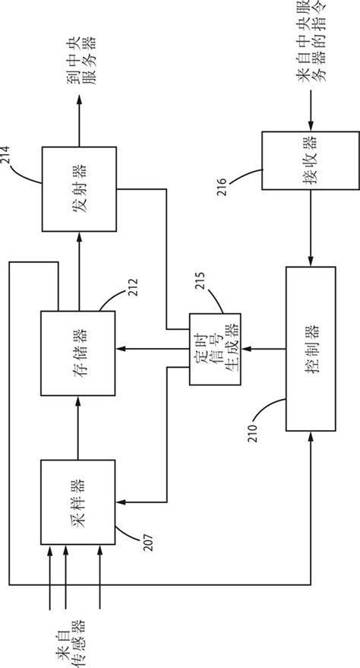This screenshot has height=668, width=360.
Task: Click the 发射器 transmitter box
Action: pos(79,188)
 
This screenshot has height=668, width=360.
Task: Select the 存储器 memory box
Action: pos(79,353)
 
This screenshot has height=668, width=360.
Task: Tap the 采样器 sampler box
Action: pos(79,502)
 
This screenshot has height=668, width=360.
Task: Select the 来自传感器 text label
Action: pos(68,638)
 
